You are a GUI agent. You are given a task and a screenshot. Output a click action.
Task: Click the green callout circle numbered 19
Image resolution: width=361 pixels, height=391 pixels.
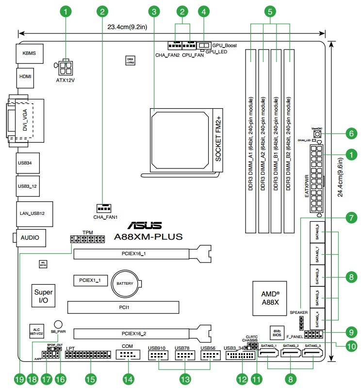point(19,378)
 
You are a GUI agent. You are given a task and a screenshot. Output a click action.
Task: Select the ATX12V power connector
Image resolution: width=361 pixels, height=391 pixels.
point(65,66)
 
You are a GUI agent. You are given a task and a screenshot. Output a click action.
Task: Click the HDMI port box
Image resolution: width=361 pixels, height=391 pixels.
point(25,77)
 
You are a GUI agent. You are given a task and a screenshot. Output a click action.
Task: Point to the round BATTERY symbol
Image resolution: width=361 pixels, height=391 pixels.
point(126,283)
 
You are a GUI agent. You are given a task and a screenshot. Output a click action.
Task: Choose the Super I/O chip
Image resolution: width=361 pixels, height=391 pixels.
point(43,297)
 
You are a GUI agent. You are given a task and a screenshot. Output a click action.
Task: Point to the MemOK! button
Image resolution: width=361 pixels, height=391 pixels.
point(318,133)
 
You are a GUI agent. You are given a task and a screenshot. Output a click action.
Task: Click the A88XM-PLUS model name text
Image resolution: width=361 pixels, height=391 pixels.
point(148,237)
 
